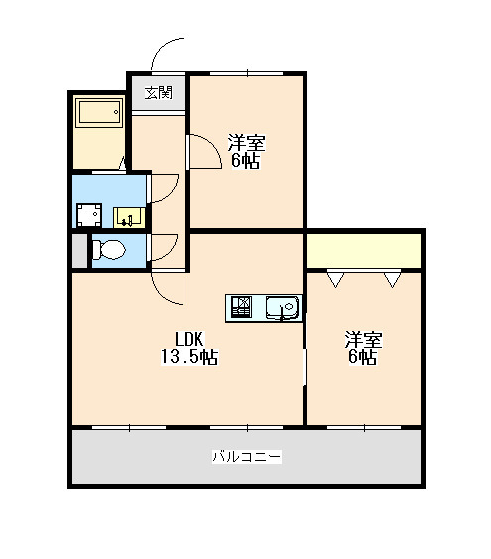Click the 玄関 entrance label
coord(159,93)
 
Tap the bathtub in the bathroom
coord(99,112)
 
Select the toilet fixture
coord(108,250)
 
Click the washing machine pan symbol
coord(89,215)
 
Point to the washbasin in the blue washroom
coord(129,217)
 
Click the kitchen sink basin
coord(283,308)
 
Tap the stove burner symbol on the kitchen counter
coord(242,307)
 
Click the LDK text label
coord(189,339)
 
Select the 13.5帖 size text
coord(189,356)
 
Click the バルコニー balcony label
coord(247,456)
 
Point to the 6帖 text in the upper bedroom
coord(245,161)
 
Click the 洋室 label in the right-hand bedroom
coord(363,340)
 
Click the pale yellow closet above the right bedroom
coord(364,251)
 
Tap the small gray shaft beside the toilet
coord(79,251)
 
